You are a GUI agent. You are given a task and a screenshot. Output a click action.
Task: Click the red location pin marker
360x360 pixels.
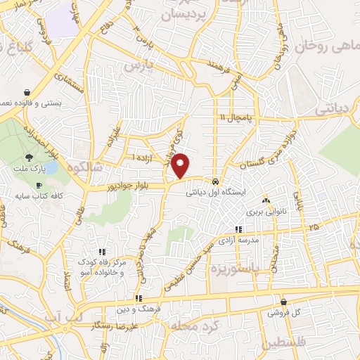pos(181,165)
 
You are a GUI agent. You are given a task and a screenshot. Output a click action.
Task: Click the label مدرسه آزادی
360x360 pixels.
pos(238,240)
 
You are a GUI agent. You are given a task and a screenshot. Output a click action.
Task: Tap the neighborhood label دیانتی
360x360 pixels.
pos(331,110)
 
